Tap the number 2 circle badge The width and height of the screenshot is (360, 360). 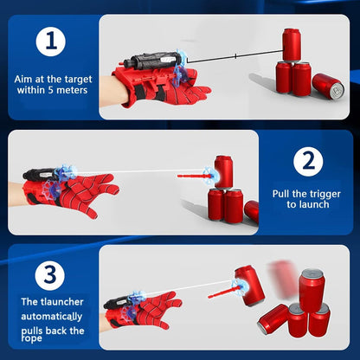pyautogui.click(x=307, y=161)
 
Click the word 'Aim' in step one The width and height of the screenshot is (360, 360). pyautogui.click(x=25, y=78)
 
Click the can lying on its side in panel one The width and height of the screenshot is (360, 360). pyautogui.click(x=327, y=85)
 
